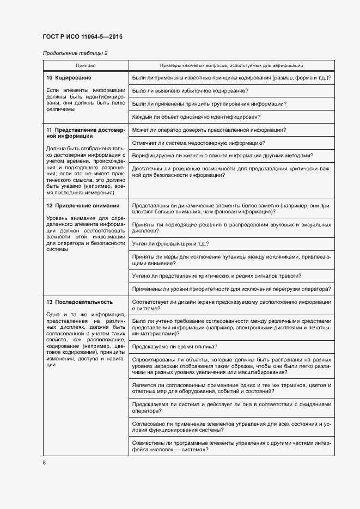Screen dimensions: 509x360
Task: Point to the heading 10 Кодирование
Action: (x=69, y=78)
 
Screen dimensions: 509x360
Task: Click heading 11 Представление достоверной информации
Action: (x=86, y=133)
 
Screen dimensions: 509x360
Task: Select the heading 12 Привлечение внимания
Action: (x=83, y=206)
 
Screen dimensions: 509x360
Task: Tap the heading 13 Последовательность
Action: (x=80, y=302)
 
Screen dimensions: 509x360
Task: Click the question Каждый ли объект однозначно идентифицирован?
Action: (x=196, y=117)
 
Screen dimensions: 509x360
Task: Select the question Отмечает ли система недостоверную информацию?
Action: (x=199, y=143)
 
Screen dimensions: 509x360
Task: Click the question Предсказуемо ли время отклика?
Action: (x=175, y=346)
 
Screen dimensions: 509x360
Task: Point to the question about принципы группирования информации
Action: (x=210, y=104)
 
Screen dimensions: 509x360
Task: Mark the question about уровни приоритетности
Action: (x=231, y=288)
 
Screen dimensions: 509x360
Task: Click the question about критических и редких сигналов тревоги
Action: (x=217, y=275)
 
